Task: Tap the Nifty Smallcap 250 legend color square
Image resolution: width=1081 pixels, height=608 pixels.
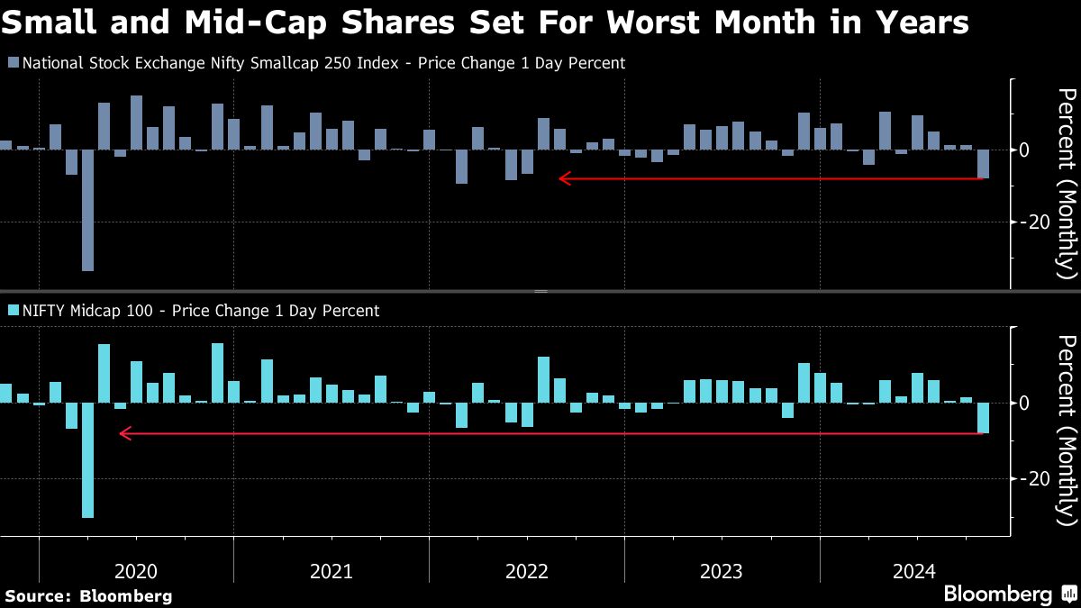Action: click(x=13, y=63)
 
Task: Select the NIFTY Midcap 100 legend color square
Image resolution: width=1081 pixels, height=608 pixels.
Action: click(x=13, y=311)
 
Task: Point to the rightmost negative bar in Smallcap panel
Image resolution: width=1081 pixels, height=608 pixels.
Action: click(x=983, y=164)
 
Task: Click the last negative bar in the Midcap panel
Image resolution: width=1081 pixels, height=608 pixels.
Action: click(x=983, y=418)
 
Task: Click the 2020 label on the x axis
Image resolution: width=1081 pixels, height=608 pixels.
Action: click(x=136, y=571)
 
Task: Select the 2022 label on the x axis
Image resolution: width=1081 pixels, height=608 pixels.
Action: click(x=527, y=571)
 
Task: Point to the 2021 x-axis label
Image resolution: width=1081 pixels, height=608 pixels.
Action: click(x=332, y=571)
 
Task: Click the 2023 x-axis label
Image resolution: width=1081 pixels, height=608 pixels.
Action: click(x=722, y=571)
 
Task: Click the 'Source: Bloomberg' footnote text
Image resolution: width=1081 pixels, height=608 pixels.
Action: click(x=88, y=595)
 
